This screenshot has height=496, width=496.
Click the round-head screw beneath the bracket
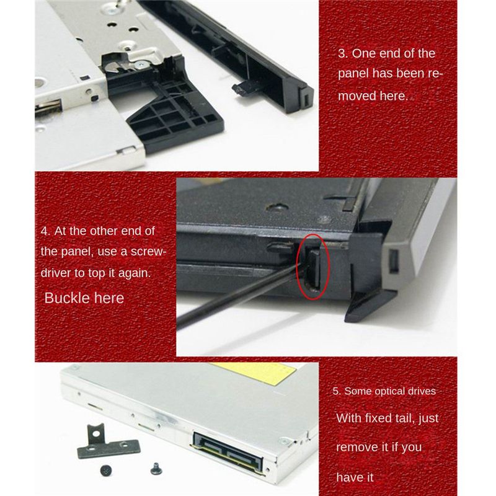[106, 471]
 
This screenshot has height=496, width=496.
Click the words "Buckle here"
[84, 298]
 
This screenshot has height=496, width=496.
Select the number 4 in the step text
[44, 231]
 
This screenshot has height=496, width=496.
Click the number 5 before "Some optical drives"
[335, 391]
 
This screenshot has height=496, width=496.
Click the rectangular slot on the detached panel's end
[306, 100]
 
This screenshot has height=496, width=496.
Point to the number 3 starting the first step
[342, 53]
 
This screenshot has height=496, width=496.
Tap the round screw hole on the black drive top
[277, 208]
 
